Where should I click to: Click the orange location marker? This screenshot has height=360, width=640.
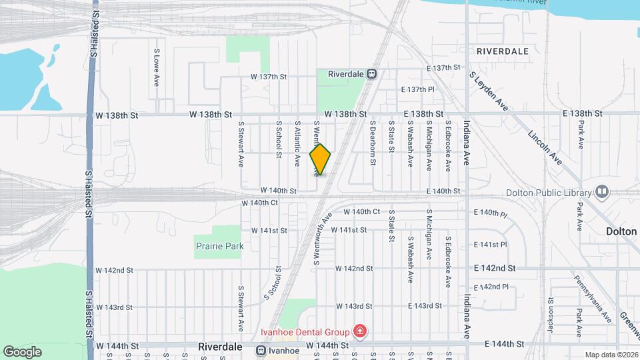tap(321, 159)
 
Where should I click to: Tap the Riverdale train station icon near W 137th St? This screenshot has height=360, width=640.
tap(372, 74)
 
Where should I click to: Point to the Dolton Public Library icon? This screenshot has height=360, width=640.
tap(603, 193)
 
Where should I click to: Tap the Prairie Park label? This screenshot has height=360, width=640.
tap(219, 246)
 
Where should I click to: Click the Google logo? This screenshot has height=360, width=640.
tap(22, 351)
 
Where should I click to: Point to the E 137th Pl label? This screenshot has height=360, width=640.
tap(418, 89)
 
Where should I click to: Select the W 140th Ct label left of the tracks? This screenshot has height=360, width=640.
tap(259, 203)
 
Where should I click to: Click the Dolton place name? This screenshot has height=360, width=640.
tap(621, 231)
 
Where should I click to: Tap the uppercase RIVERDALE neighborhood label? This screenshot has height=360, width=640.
tap(502, 51)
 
